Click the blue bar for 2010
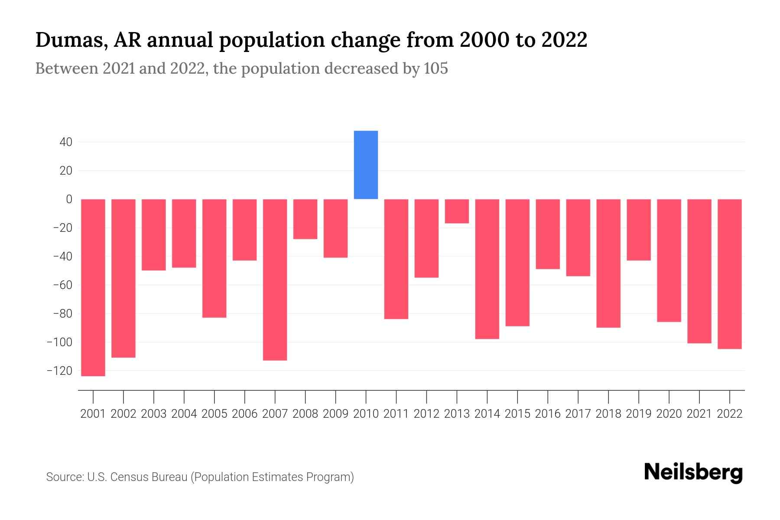[366, 165]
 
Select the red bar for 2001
[93, 287]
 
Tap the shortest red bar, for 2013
[457, 211]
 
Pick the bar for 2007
[275, 279]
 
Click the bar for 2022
[730, 274]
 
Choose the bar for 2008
[305, 219]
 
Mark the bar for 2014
[487, 269]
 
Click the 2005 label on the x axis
[214, 414]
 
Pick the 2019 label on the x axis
[639, 414]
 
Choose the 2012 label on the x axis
[426, 414]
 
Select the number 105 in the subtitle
[436, 68]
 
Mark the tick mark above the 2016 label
[548, 396]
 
